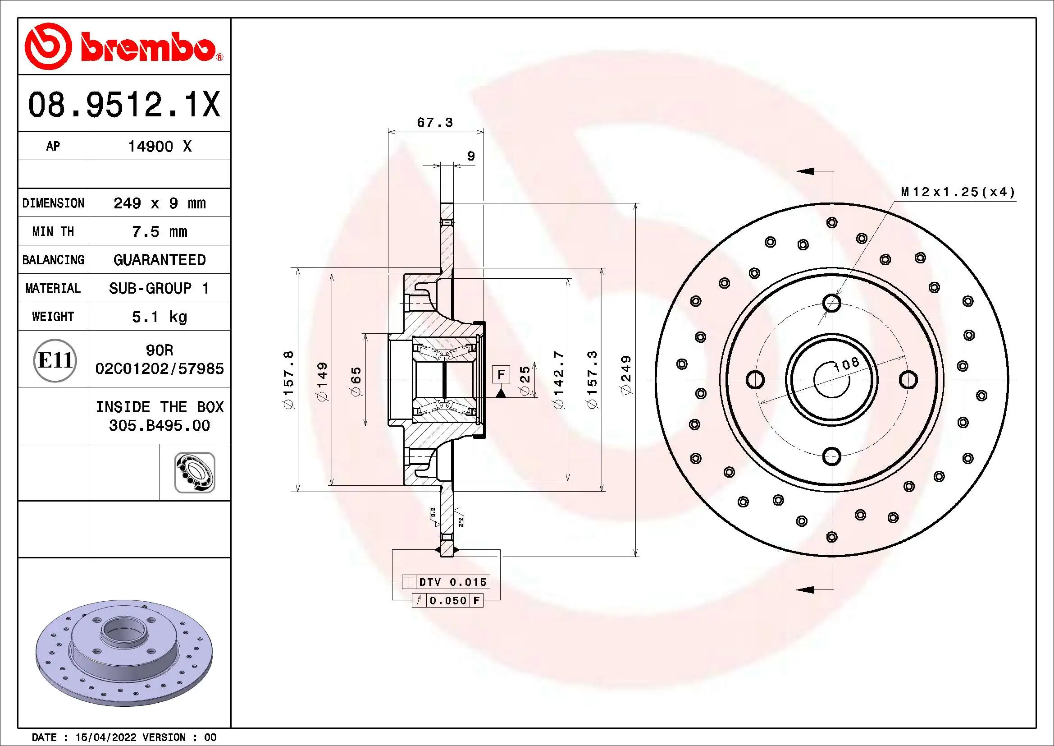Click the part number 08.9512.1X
coord(124,105)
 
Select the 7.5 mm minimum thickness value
coord(159,231)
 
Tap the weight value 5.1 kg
coord(159,317)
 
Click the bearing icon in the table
coord(195,472)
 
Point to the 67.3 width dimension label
coord(434,123)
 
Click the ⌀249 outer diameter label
coord(626,374)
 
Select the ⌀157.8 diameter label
coord(289,380)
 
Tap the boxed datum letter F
coord(501,374)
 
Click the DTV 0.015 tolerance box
coord(452,582)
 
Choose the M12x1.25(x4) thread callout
coord(958,192)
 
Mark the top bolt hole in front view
coord(831,303)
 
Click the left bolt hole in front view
coord(755,380)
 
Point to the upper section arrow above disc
coord(806,171)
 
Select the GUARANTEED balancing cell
coord(159,260)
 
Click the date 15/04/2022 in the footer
coord(105,737)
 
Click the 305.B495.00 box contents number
coord(159,425)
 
